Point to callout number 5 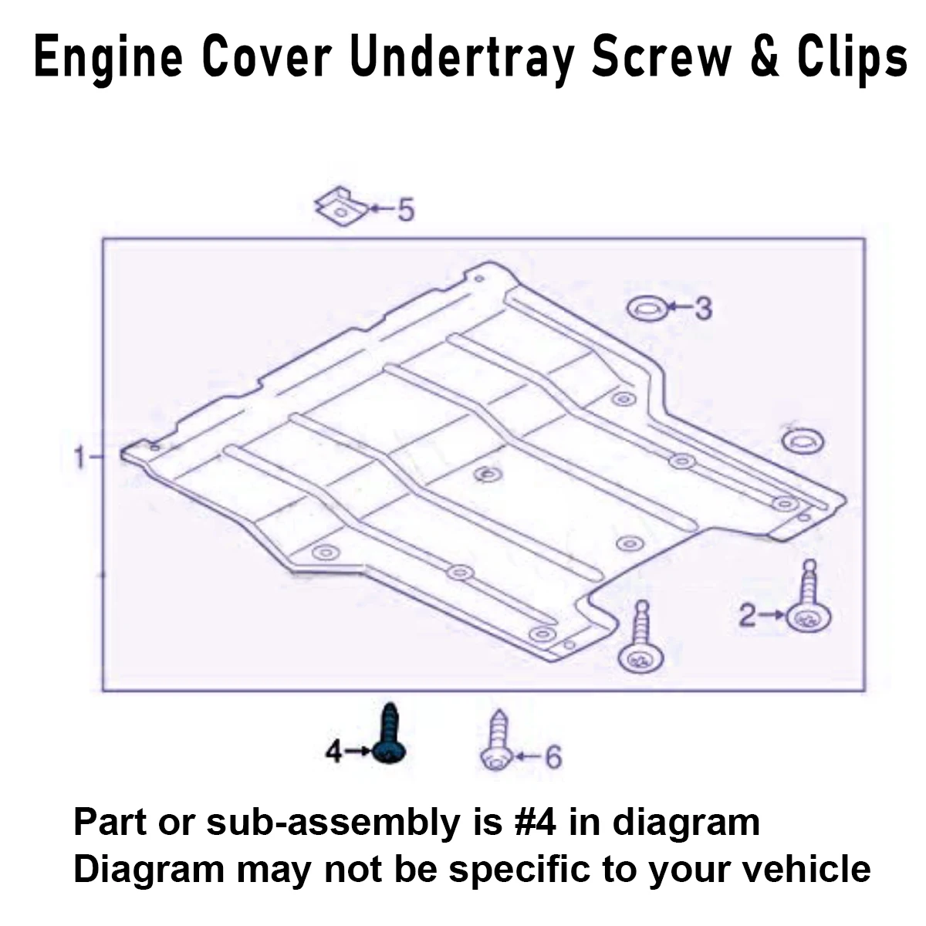405,209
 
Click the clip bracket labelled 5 340,206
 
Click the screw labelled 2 808,606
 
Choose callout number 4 333,751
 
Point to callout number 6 553,757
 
